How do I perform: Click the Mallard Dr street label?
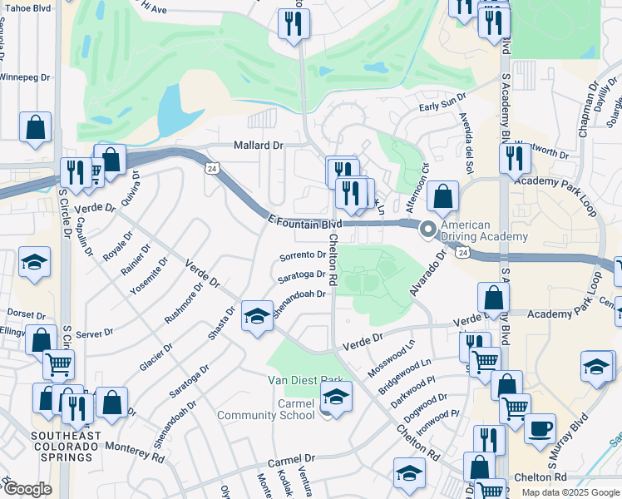pyautogui.click(x=259, y=145)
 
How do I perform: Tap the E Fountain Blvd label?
pyautogui.click(x=305, y=223)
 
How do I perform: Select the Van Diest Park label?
pyautogui.click(x=306, y=380)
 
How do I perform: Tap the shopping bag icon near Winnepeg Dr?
pyautogui.click(x=36, y=128)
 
